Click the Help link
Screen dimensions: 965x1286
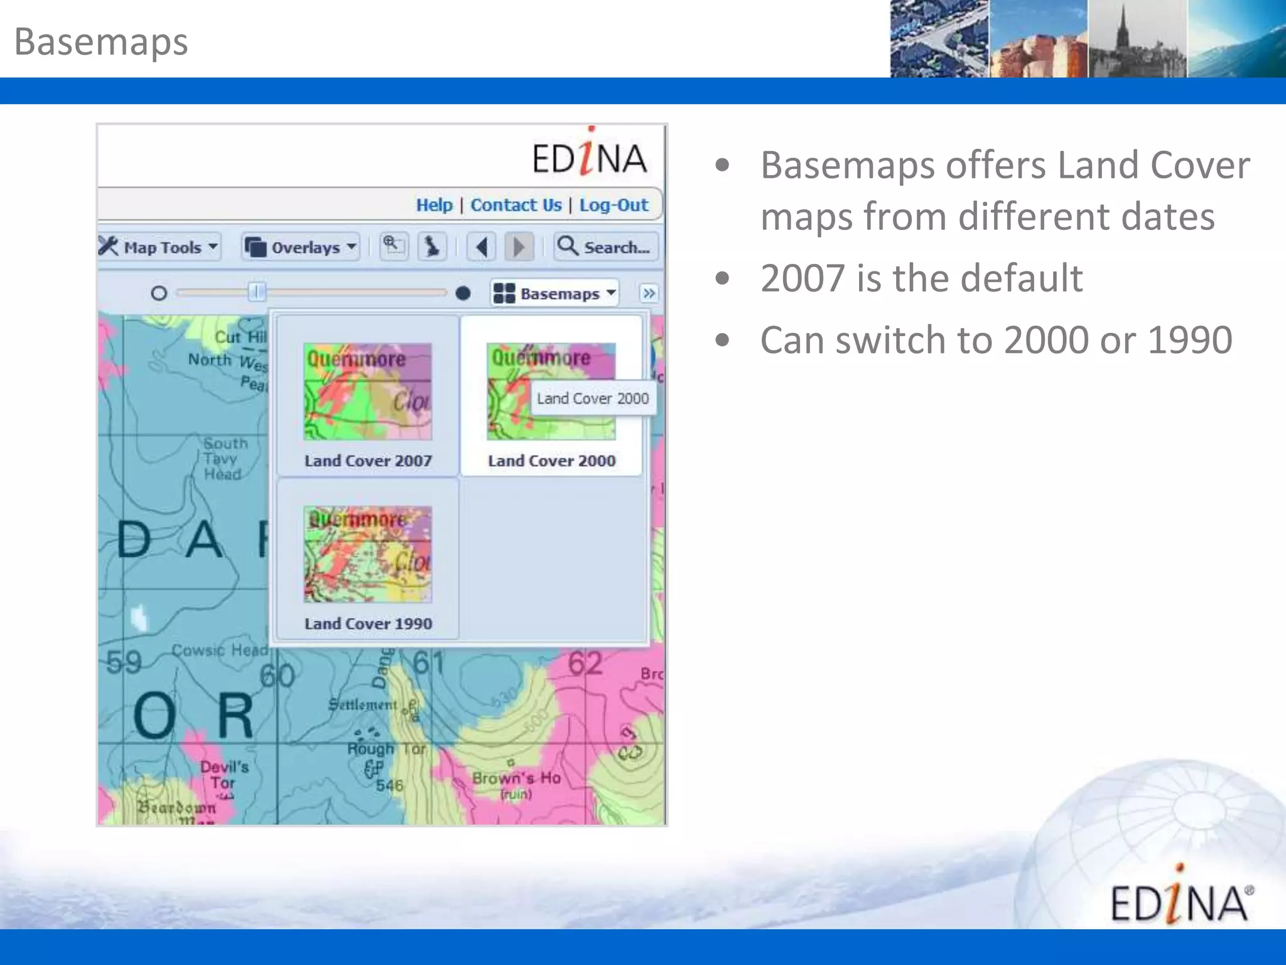(434, 205)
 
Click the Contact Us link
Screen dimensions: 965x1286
(516, 205)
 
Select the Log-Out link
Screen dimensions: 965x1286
(613, 205)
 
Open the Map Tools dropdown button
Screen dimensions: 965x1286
(159, 247)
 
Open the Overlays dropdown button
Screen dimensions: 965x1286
(301, 247)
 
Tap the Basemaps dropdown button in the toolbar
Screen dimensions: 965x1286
(554, 293)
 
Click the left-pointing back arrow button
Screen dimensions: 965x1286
(482, 247)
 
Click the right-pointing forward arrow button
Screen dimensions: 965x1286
(519, 247)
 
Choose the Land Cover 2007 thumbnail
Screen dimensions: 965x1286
(368, 391)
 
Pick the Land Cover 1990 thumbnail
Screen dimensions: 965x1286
(368, 554)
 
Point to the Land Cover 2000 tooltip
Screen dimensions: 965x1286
(593, 398)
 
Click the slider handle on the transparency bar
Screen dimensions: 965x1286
(257, 292)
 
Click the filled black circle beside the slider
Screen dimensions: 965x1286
(463, 293)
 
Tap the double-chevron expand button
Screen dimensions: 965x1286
(649, 293)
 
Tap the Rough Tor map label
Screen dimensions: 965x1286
(386, 749)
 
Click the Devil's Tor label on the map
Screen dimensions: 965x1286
(224, 775)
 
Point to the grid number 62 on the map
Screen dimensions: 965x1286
(585, 664)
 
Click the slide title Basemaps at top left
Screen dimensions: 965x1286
(101, 42)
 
